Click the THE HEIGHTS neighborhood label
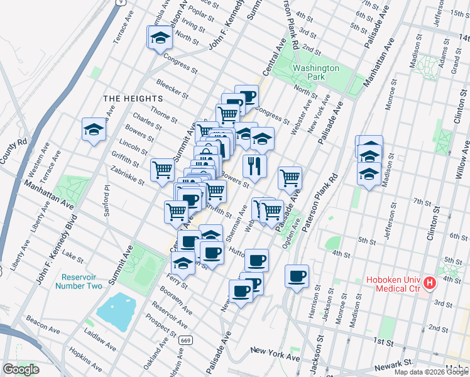click(133, 99)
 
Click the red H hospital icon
click(430, 283)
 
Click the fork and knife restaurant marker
click(254, 166)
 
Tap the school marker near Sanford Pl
click(94, 130)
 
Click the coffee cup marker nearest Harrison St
click(297, 275)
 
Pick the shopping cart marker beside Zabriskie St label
click(163, 169)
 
